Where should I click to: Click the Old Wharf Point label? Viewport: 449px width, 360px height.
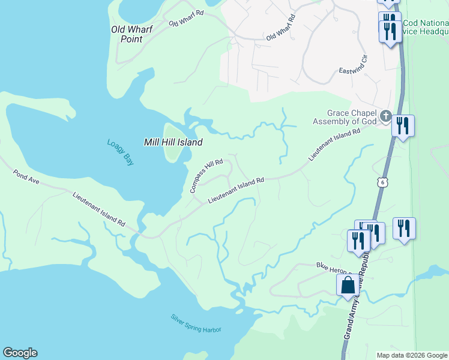132,34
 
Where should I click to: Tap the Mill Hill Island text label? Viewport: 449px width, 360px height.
173,142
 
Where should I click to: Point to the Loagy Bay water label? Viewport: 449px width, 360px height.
120,153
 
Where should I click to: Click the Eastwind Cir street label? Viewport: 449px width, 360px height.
357,62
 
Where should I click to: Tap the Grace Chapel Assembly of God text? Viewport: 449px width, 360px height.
344,117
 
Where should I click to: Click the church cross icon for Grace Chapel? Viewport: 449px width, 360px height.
385,115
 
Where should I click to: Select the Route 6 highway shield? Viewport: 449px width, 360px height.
381,182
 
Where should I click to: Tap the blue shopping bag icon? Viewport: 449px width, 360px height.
348,286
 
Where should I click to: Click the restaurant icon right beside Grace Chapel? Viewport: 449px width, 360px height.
402,126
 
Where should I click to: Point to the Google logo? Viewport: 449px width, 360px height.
20,353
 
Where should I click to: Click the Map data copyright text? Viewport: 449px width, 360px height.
412,355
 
